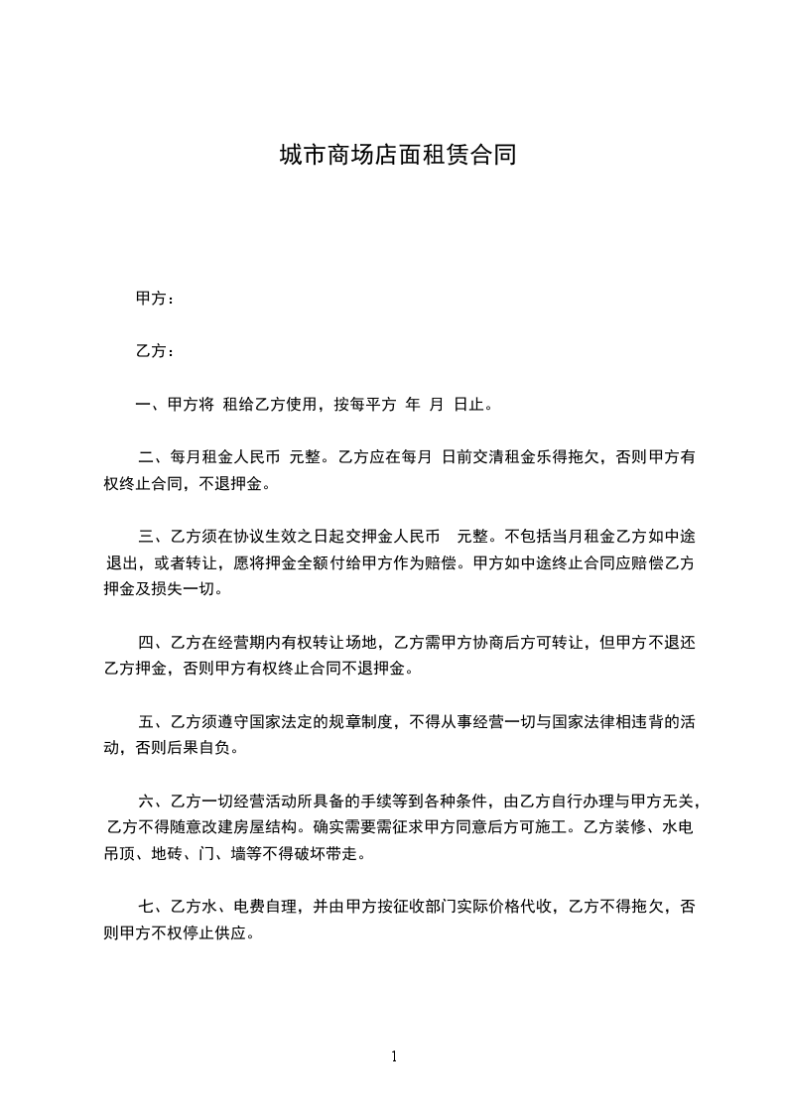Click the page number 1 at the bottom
[x=394, y=1056]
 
